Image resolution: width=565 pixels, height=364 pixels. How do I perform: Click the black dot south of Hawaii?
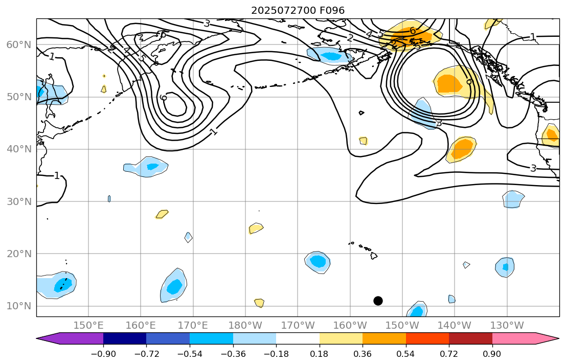pos(378,301)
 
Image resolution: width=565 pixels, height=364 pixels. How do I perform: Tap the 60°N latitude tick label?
pos(18,45)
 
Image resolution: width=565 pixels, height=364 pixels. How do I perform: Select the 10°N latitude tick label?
pos(18,306)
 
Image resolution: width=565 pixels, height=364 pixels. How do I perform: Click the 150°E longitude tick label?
pos(88,326)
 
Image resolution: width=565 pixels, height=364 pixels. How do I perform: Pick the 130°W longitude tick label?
pos(507,326)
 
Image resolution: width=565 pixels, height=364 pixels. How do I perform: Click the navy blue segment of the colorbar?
pos(125,338)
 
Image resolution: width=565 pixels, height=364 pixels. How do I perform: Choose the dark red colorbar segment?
pos(470,338)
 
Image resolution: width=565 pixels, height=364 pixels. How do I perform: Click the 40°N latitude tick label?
pos(18,149)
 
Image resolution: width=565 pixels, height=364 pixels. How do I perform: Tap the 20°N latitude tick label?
pos(18,254)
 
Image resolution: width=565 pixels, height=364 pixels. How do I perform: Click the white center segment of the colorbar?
pos(298,338)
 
